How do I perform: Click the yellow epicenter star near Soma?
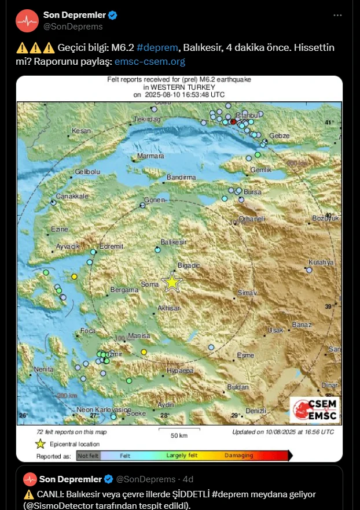[172, 282]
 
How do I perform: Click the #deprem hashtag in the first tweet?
[157, 47]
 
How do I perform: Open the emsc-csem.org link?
[149, 61]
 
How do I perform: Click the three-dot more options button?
[338, 15]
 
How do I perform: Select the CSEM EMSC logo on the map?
[315, 409]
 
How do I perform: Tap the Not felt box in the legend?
[88, 456]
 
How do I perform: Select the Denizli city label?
[255, 411]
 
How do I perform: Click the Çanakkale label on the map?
[72, 196]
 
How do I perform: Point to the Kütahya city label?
[321, 262]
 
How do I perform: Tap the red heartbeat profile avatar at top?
[27, 21]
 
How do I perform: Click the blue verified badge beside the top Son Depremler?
[113, 15]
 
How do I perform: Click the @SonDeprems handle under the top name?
[73, 27]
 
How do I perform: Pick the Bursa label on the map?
[252, 192]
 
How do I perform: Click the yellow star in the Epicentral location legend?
[40, 444]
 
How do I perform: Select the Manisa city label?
[139, 336]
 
